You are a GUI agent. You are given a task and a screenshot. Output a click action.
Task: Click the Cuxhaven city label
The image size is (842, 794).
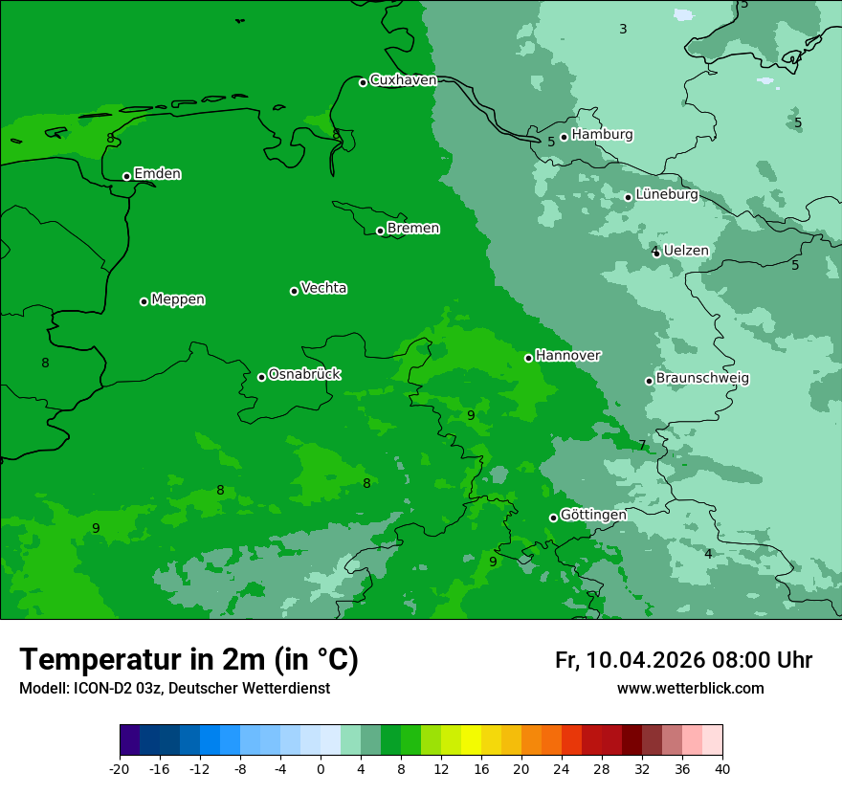[403, 80]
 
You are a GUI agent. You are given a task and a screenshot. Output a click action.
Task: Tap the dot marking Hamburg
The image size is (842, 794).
[565, 137]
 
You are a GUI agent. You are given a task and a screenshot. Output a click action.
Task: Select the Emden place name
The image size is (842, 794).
[158, 174]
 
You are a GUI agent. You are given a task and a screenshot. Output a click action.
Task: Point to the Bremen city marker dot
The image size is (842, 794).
[380, 231]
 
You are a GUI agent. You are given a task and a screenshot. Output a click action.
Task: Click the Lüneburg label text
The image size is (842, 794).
[667, 195]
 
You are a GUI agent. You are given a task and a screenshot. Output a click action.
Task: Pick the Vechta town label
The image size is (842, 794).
[324, 288]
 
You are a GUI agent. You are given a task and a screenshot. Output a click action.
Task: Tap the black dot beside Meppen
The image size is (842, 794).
[144, 301]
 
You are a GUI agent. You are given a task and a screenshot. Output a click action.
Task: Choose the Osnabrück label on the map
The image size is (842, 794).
[304, 374]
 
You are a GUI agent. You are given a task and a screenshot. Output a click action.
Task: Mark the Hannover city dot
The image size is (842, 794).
[528, 358]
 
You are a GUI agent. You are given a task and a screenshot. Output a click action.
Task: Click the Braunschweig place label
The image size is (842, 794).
[702, 379]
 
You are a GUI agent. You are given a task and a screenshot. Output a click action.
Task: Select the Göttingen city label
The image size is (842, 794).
[593, 515]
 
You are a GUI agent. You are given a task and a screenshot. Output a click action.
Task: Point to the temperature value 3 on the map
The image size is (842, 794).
[623, 30]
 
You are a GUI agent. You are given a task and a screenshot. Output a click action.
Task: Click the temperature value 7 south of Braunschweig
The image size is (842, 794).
[642, 445]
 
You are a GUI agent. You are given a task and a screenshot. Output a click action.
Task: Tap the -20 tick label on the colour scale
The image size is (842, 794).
[120, 768]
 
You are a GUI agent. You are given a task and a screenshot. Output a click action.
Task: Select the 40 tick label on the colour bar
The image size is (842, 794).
[722, 768]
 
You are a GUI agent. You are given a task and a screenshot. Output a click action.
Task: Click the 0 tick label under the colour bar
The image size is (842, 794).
[321, 768]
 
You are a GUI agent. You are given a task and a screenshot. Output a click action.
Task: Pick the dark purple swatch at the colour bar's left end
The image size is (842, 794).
[129, 740]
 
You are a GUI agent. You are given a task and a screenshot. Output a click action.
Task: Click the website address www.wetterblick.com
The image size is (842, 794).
[690, 689]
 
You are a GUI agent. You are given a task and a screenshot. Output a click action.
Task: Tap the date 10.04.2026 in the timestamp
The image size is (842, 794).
[645, 660]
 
